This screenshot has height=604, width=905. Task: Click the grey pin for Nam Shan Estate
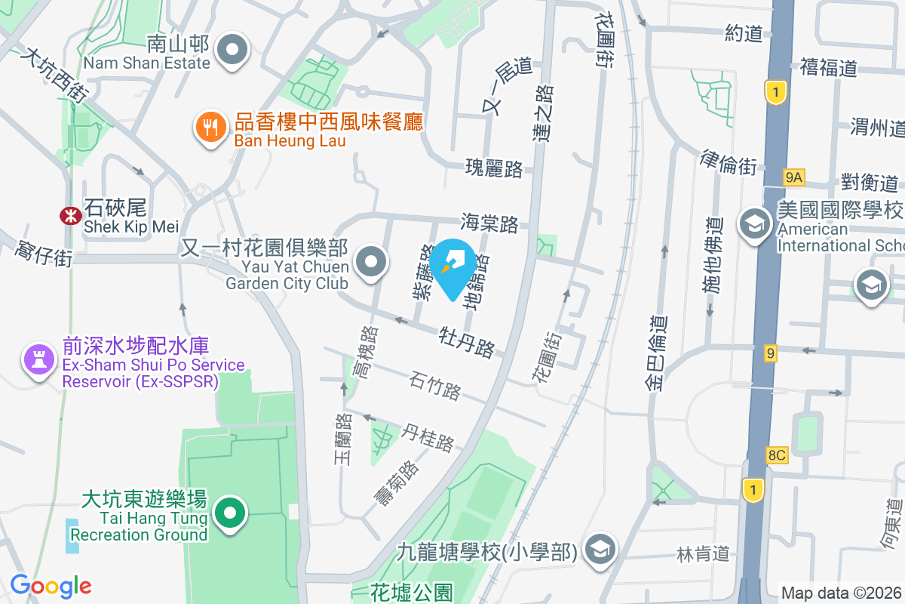(x=233, y=51)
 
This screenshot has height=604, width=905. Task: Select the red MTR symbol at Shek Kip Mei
(x=71, y=215)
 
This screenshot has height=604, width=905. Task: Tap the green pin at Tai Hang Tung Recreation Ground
(x=230, y=513)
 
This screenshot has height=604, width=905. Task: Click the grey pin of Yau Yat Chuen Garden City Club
(x=370, y=263)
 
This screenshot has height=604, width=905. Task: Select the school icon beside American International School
(x=753, y=223)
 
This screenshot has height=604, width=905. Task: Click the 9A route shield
(x=794, y=177)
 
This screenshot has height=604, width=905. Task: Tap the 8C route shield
(x=776, y=455)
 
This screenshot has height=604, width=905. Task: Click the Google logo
(x=51, y=586)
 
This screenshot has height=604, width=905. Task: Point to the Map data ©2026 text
(x=840, y=593)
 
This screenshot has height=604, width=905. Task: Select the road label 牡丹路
(x=468, y=341)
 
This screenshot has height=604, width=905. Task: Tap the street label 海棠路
(x=489, y=223)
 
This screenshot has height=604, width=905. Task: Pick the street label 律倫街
(x=729, y=162)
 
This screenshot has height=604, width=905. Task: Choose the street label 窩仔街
(x=44, y=250)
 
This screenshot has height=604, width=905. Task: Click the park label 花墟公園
(x=412, y=593)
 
